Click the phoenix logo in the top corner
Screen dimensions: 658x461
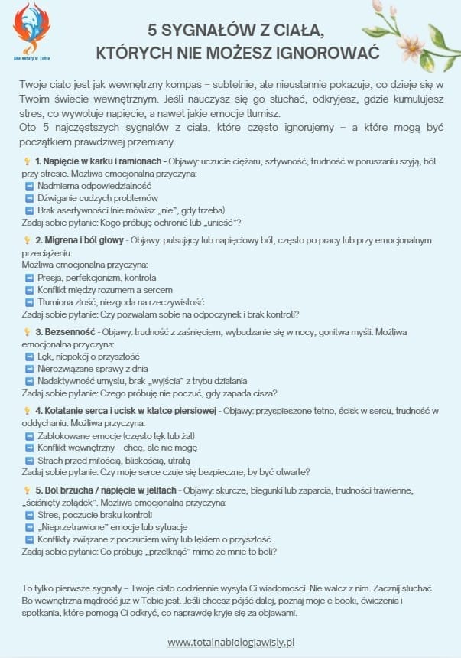point(31,27)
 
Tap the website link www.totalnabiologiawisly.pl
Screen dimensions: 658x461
point(231,641)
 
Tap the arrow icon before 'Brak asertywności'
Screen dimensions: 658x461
point(29,210)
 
